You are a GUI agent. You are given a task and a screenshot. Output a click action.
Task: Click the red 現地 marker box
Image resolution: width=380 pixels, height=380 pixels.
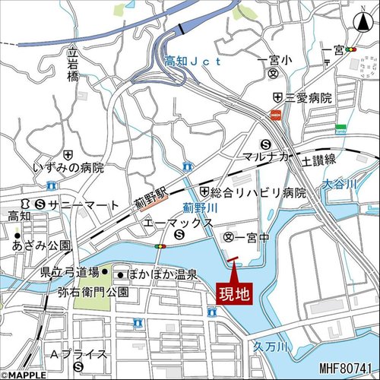[233, 293]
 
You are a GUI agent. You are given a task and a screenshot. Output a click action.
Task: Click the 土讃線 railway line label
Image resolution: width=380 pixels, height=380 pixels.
[318, 161]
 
